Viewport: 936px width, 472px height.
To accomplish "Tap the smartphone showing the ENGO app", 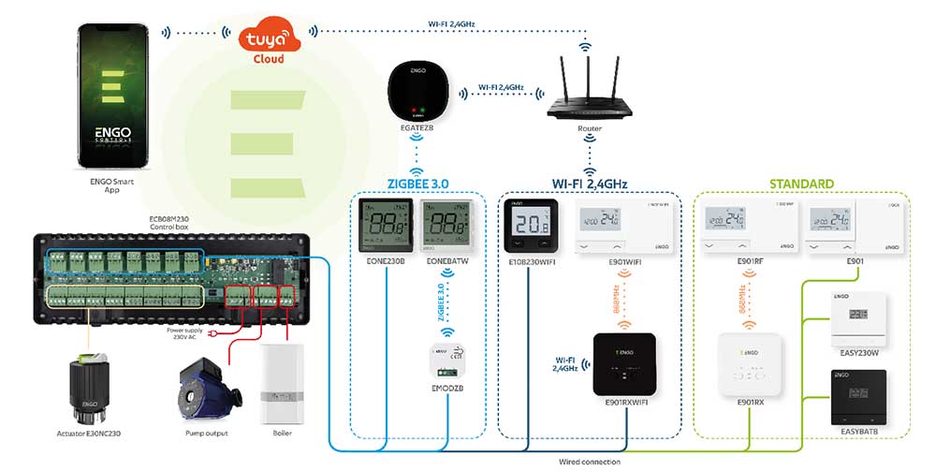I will click(x=110, y=90).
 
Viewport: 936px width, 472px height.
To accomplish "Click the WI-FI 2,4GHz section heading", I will click(x=589, y=183).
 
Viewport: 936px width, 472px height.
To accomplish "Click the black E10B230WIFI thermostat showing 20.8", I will click(x=531, y=226).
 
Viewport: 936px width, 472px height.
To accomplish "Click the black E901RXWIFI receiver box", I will click(x=626, y=363).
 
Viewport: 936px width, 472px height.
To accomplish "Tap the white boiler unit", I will click(x=280, y=384).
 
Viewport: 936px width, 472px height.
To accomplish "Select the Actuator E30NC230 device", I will click(x=87, y=389).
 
